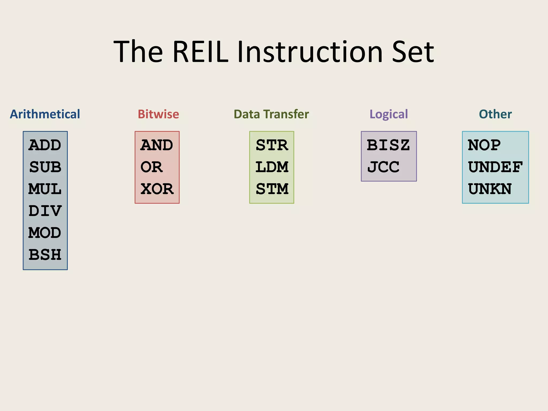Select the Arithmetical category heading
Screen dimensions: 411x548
coord(45,114)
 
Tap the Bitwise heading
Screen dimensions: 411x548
coord(158,114)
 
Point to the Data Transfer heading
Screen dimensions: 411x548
coord(271,114)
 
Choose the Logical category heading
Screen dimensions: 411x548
coord(389,114)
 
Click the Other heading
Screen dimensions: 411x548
coord(495,114)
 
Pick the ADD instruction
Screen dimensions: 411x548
coord(45,145)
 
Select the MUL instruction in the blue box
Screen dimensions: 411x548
coord(45,189)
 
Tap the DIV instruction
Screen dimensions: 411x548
coord(45,211)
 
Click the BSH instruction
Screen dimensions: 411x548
coord(45,255)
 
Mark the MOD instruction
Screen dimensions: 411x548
coord(45,233)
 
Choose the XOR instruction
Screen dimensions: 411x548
coord(157,189)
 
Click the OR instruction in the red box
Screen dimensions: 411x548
coord(151,167)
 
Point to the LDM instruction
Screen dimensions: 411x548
coord(272,167)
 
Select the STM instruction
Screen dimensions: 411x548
coord(272,189)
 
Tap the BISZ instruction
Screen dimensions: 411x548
coord(388,145)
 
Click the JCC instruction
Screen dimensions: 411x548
coord(383,167)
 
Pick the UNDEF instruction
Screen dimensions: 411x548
coord(495,167)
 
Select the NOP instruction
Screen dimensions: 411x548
coord(484,145)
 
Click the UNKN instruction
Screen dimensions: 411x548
coord(490,189)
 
